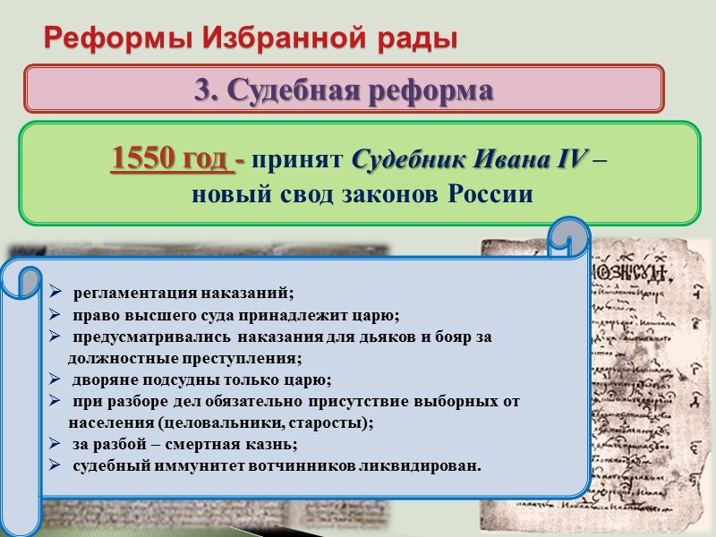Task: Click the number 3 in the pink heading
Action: coord(203,90)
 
